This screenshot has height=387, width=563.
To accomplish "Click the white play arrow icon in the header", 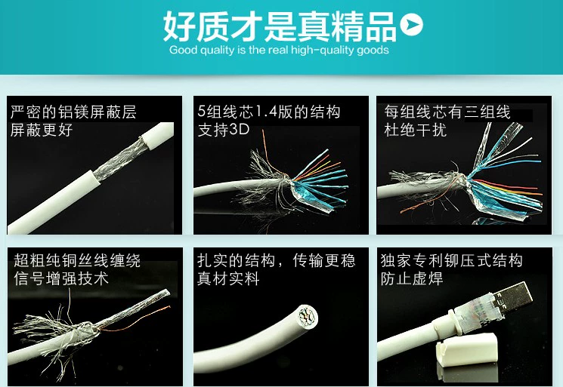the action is (x=411, y=24).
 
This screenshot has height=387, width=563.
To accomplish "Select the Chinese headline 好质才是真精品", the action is (x=280, y=26).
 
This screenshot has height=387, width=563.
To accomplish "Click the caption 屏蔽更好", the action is (x=42, y=130).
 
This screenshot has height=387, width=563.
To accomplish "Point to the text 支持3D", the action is (x=224, y=129).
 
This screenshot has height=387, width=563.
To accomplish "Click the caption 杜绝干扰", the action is (x=415, y=130).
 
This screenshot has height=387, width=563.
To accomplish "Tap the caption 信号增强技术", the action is (x=61, y=278).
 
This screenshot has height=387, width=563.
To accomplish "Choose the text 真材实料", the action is (x=228, y=278).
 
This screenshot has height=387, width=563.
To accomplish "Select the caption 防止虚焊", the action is (x=412, y=278).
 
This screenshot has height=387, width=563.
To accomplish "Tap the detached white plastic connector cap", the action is (x=467, y=353).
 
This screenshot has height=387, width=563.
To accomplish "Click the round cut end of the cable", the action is (x=308, y=317).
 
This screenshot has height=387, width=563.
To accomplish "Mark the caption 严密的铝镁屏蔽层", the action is (x=73, y=112).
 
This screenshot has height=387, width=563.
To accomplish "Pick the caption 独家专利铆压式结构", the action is (x=451, y=260).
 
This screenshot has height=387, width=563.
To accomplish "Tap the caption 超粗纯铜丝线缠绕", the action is (x=77, y=260).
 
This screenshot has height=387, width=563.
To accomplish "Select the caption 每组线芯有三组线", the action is (x=447, y=112).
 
